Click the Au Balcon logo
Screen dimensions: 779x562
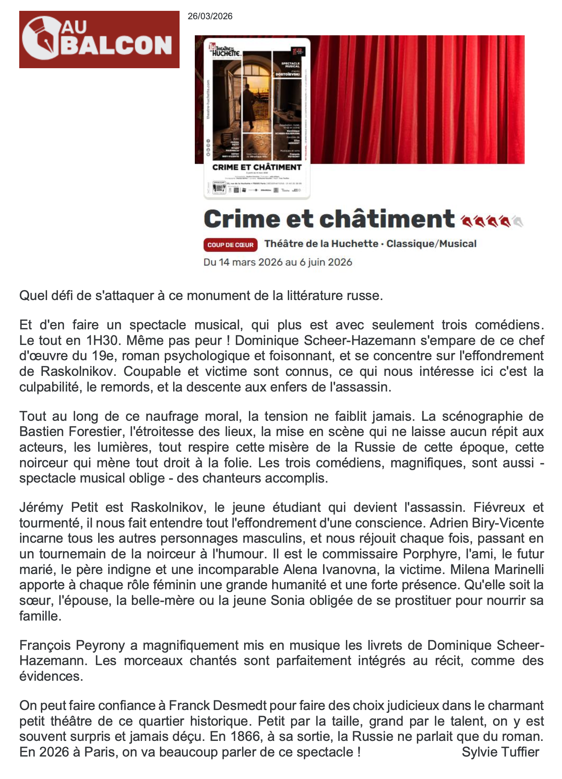coord(99,39)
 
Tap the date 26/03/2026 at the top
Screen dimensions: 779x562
coord(210,16)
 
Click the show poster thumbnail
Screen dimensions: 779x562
coord(257,118)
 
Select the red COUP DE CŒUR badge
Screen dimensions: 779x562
coord(230,245)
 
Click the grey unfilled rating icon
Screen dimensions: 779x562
coord(518,221)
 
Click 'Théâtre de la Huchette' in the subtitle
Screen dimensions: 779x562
coord(321,244)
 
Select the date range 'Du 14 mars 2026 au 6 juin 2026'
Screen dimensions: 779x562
coord(278,262)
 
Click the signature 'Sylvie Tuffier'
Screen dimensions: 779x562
coord(500,752)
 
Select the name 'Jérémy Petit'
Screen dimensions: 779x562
coord(59,507)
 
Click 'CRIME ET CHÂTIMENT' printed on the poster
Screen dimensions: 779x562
coord(257,167)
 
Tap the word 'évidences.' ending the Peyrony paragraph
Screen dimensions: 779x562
coord(51,676)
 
